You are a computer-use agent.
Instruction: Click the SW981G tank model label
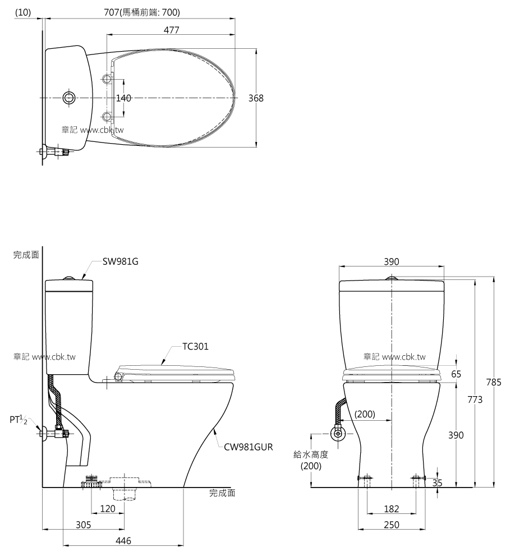pyautogui.click(x=121, y=261)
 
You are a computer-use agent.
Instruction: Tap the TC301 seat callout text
pyautogui.click(x=195, y=347)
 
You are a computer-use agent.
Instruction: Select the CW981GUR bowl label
pyautogui.click(x=249, y=447)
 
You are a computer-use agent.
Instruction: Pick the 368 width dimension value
pyautogui.click(x=256, y=98)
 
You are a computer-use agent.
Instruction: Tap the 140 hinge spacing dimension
pyautogui.click(x=123, y=98)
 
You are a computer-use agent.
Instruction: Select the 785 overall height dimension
pyautogui.click(x=493, y=383)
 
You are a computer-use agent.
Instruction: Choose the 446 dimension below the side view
pyautogui.click(x=123, y=541)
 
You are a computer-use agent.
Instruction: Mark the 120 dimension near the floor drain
pyautogui.click(x=108, y=509)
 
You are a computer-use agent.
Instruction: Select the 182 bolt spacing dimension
pyautogui.click(x=392, y=509)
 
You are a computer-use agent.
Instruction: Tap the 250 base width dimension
pyautogui.click(x=392, y=525)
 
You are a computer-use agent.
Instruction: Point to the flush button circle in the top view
pyautogui.click(x=69, y=98)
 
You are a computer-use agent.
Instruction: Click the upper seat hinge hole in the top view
pyautogui.click(x=108, y=78)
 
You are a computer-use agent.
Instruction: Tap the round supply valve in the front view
pyautogui.click(x=338, y=433)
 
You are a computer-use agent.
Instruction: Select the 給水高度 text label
pyautogui.click(x=311, y=455)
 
